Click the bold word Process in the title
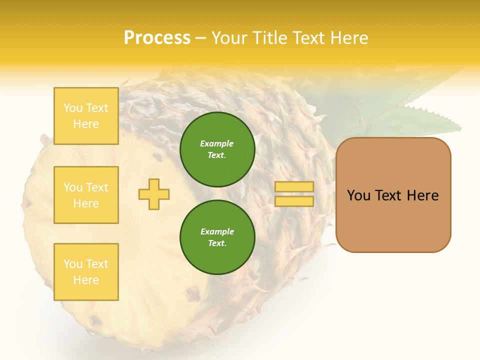(157, 37)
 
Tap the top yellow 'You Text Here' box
(86, 116)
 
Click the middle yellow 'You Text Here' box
(86, 195)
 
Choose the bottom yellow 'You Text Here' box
(86, 272)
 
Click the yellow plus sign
(154, 194)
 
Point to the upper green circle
(217, 149)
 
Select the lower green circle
(217, 237)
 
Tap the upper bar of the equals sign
(294, 186)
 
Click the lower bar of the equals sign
(294, 201)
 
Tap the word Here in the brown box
(422, 195)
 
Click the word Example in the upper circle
(217, 143)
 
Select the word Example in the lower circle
(217, 231)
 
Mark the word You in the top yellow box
(72, 108)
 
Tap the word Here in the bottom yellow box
(86, 280)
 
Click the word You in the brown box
(358, 195)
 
